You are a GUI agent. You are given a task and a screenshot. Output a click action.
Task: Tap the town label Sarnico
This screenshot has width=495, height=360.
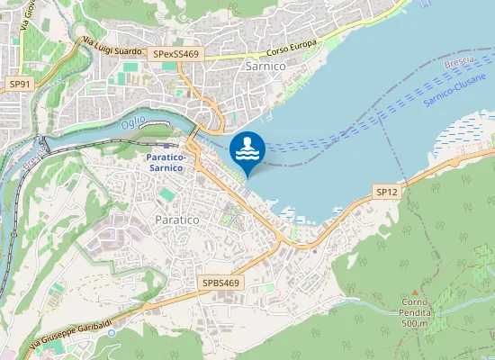(265, 66)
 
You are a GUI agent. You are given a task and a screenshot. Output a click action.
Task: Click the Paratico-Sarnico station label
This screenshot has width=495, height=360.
(171, 161)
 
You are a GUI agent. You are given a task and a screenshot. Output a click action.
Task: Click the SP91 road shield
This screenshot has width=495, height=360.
(19, 83)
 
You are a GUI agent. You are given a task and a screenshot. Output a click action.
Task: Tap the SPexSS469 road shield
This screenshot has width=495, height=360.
(175, 55)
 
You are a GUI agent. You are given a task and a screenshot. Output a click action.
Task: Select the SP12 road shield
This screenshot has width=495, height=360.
(386, 193)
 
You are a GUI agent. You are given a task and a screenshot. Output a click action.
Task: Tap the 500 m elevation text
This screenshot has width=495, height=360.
(413, 323)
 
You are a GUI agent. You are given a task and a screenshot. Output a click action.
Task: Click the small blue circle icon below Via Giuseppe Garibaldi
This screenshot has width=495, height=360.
(112, 333)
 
